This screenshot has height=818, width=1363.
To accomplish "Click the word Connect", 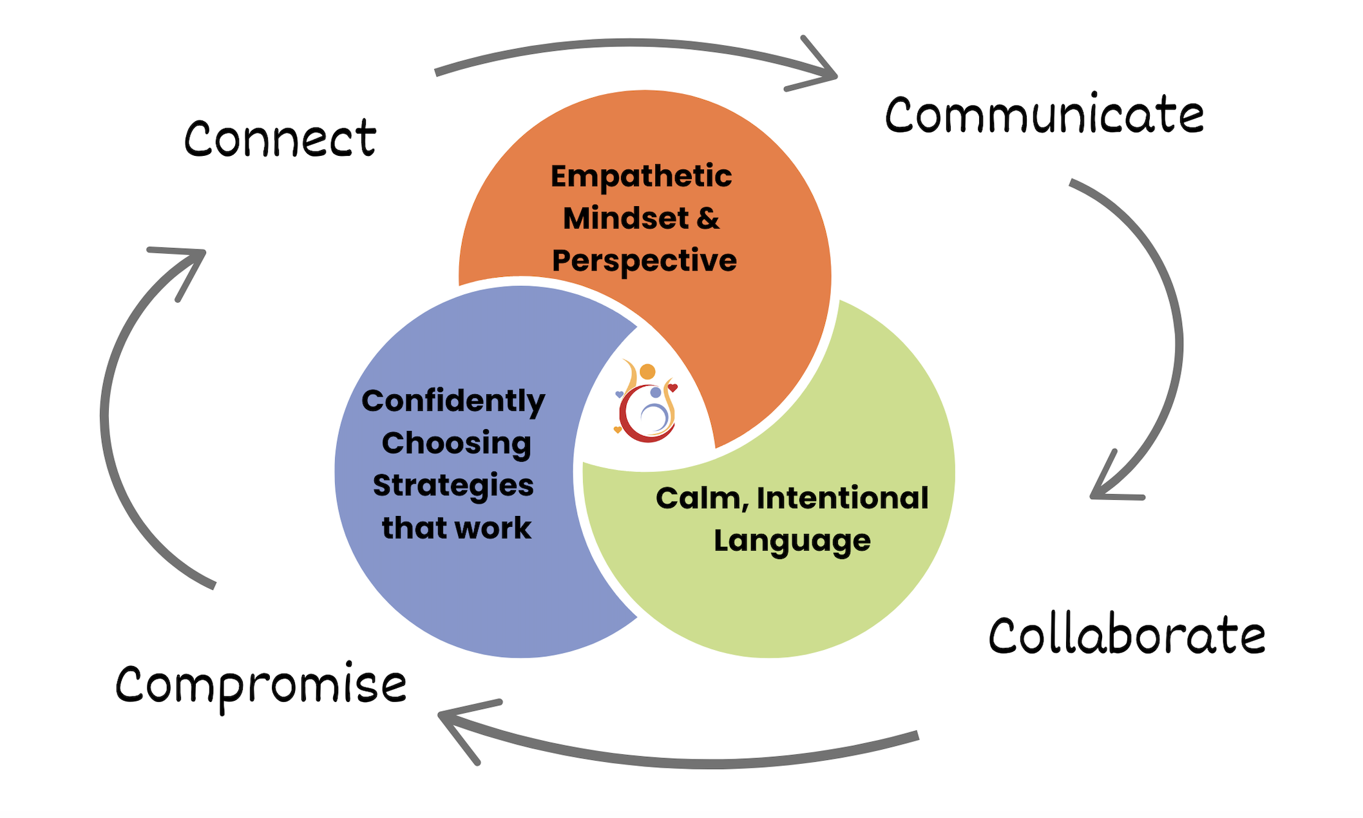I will (280, 138).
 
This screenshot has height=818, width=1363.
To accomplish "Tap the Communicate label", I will (1044, 115).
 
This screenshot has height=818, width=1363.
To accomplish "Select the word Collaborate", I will (1127, 636).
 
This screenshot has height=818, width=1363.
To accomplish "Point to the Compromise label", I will (261, 685).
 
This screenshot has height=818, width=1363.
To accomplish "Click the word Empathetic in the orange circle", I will (641, 176).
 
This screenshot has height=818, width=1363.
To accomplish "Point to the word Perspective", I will (644, 261).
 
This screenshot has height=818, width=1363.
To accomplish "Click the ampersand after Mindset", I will (708, 218).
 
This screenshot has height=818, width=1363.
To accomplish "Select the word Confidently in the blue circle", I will (453, 401).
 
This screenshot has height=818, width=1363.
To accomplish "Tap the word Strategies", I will (453, 486).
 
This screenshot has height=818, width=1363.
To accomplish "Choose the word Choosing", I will (456, 444).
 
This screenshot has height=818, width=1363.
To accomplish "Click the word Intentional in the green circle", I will (842, 498).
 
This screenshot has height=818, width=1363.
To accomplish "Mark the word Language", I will (792, 541).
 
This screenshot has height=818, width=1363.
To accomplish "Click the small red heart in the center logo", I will (672, 387).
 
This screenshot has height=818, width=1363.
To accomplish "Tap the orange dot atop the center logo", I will (647, 372).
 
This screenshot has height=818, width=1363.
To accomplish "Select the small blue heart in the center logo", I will (620, 394).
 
